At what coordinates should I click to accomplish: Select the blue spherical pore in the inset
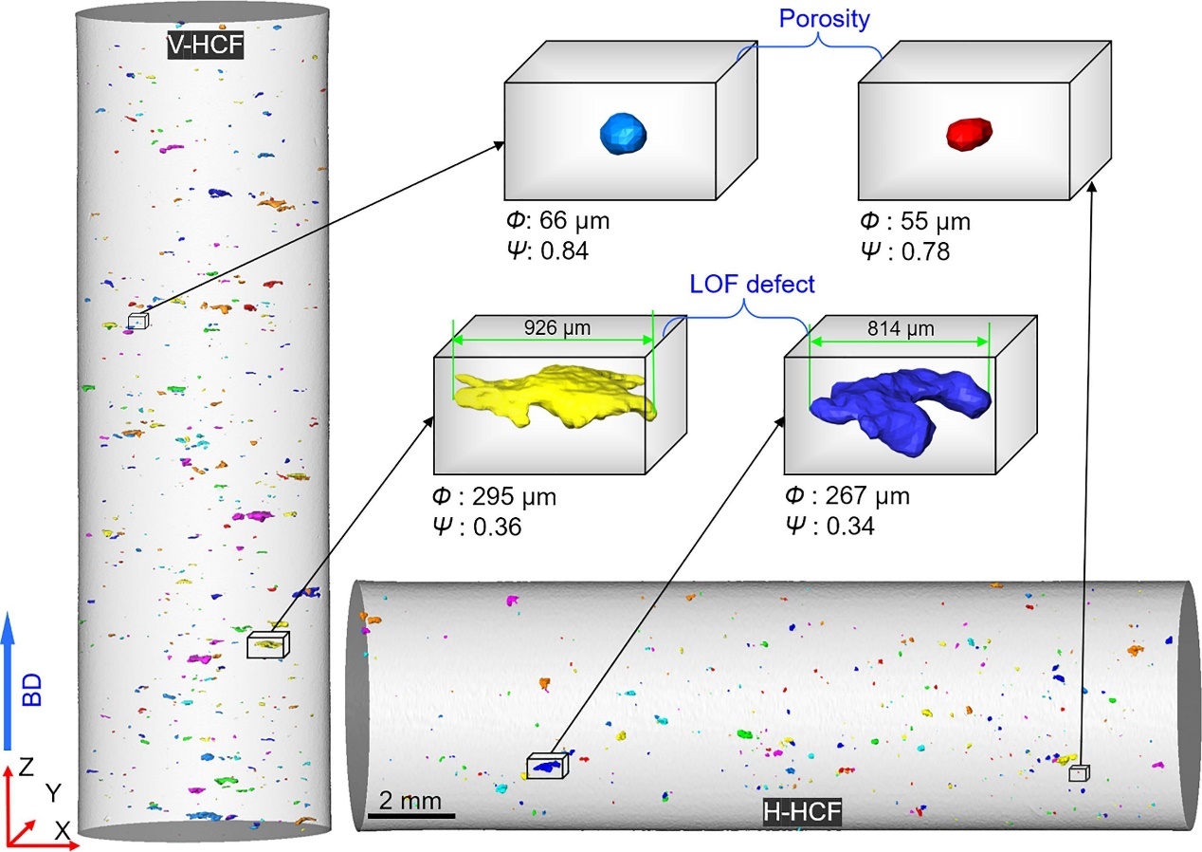click(x=623, y=136)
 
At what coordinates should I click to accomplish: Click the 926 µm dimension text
click(x=556, y=328)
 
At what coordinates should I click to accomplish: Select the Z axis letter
click(x=28, y=766)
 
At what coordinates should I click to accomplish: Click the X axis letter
click(x=63, y=831)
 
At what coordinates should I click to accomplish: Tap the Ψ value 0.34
click(x=849, y=524)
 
